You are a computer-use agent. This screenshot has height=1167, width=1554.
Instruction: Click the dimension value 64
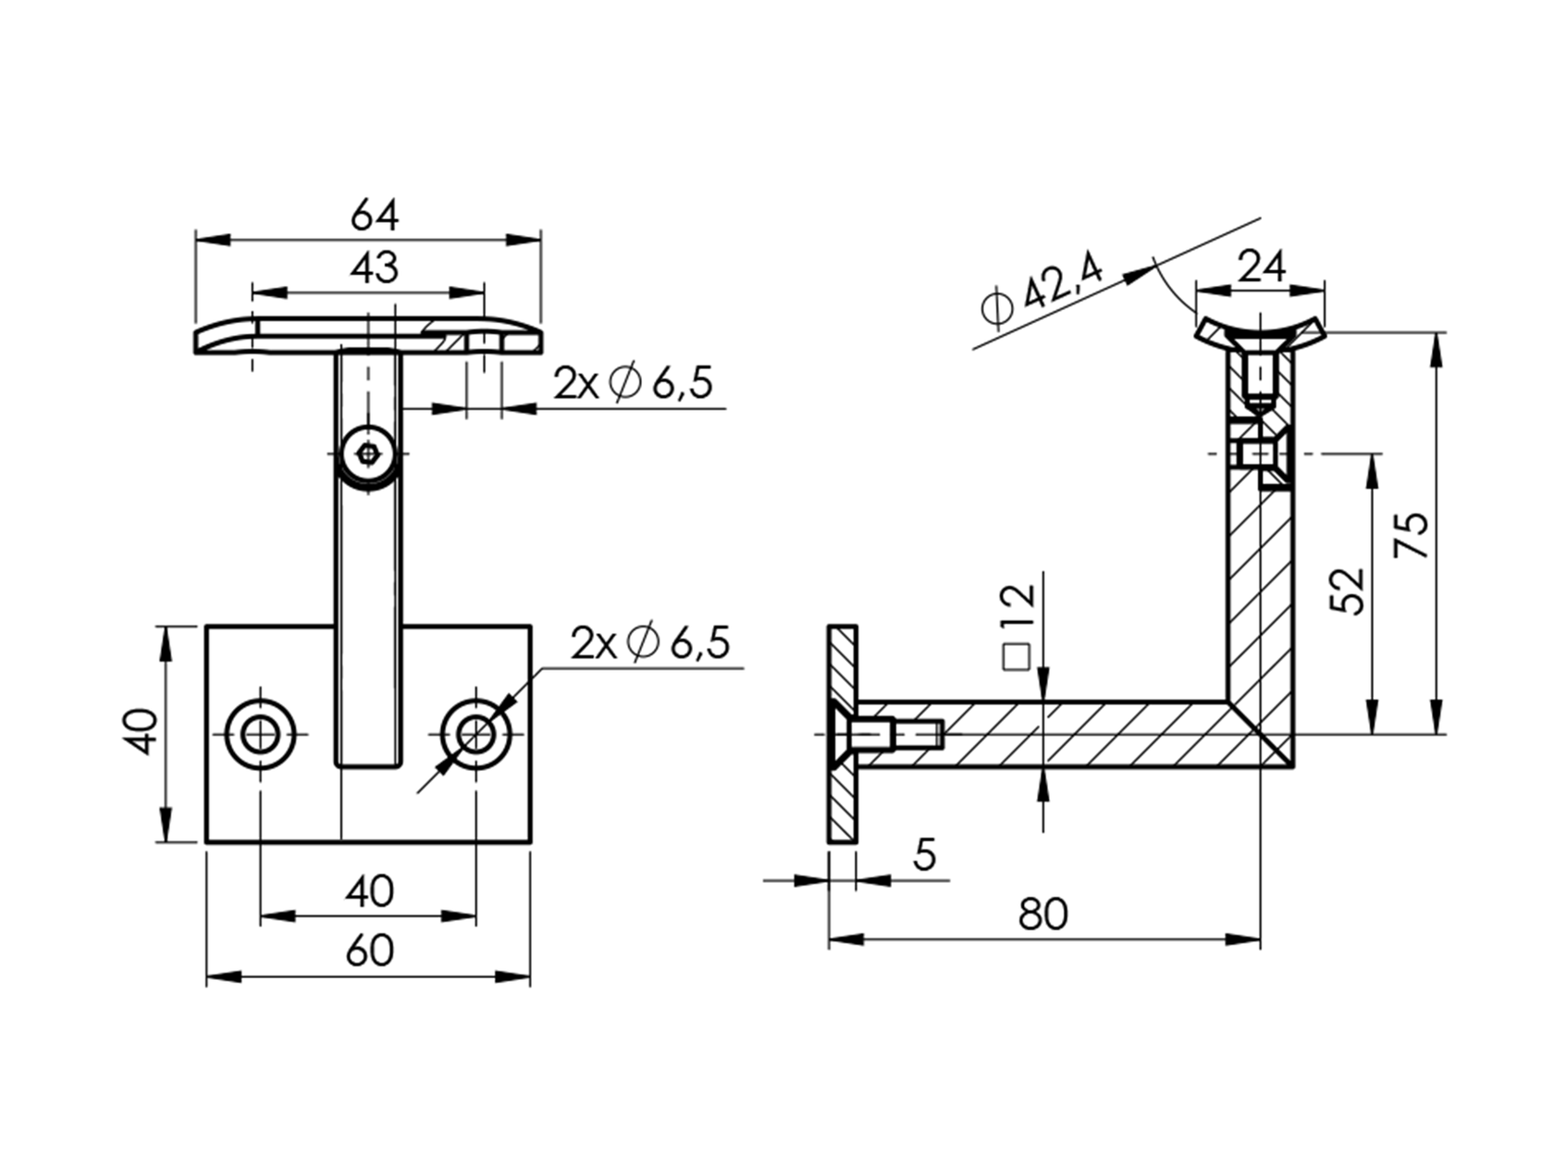tap(374, 217)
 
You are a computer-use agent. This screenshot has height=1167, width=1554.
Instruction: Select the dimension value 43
tap(374, 268)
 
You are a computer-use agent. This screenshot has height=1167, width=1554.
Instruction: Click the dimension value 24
tap(1262, 267)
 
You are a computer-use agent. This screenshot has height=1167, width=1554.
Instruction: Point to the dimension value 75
tap(1412, 535)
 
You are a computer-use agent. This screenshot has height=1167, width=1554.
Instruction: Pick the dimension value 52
tap(1348, 590)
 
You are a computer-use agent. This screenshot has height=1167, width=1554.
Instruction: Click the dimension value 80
tap(1042, 914)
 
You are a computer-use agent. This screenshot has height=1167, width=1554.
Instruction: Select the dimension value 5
tap(924, 855)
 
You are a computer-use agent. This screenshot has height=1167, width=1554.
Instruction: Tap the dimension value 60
tap(369, 951)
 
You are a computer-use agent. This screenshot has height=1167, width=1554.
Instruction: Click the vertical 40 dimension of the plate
tap(142, 732)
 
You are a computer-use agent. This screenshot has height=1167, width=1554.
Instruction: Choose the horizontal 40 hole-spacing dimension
tap(369, 892)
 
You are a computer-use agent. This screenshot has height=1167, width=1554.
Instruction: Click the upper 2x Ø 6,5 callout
tap(634, 383)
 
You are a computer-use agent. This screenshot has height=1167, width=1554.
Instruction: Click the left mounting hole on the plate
tap(261, 735)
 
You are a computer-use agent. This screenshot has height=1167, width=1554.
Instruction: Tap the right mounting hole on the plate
tap(476, 735)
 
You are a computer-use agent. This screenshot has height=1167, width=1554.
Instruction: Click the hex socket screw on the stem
tap(369, 454)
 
